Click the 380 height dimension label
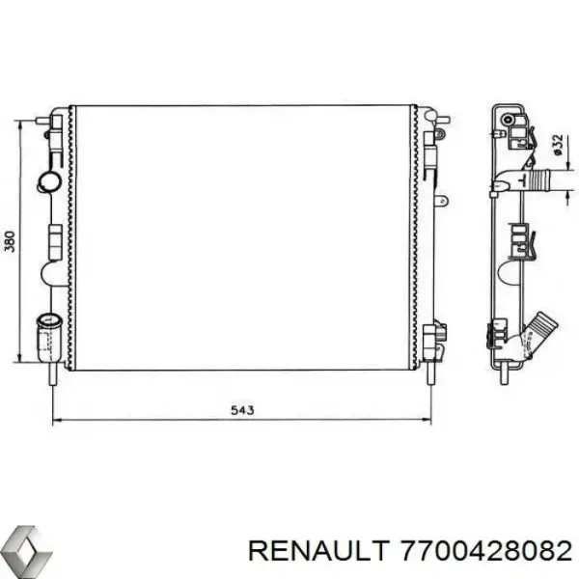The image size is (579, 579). tap(10, 242)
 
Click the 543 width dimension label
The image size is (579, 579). tap(242, 410)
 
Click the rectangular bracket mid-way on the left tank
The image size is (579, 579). tap(55, 234)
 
